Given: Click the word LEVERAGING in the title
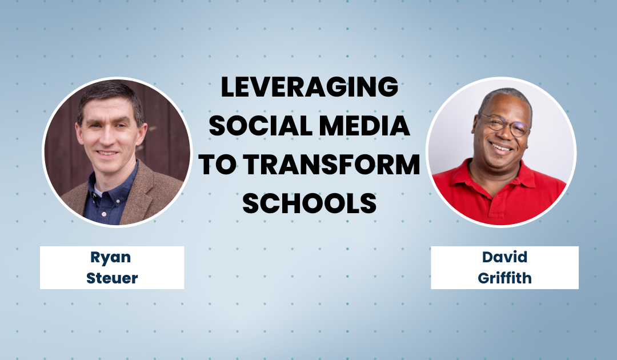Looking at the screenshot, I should [x=309, y=87].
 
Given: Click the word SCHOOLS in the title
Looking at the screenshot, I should [x=309, y=203].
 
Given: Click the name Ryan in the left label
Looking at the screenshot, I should [x=111, y=257].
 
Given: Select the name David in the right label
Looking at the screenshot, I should [x=504, y=257].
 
